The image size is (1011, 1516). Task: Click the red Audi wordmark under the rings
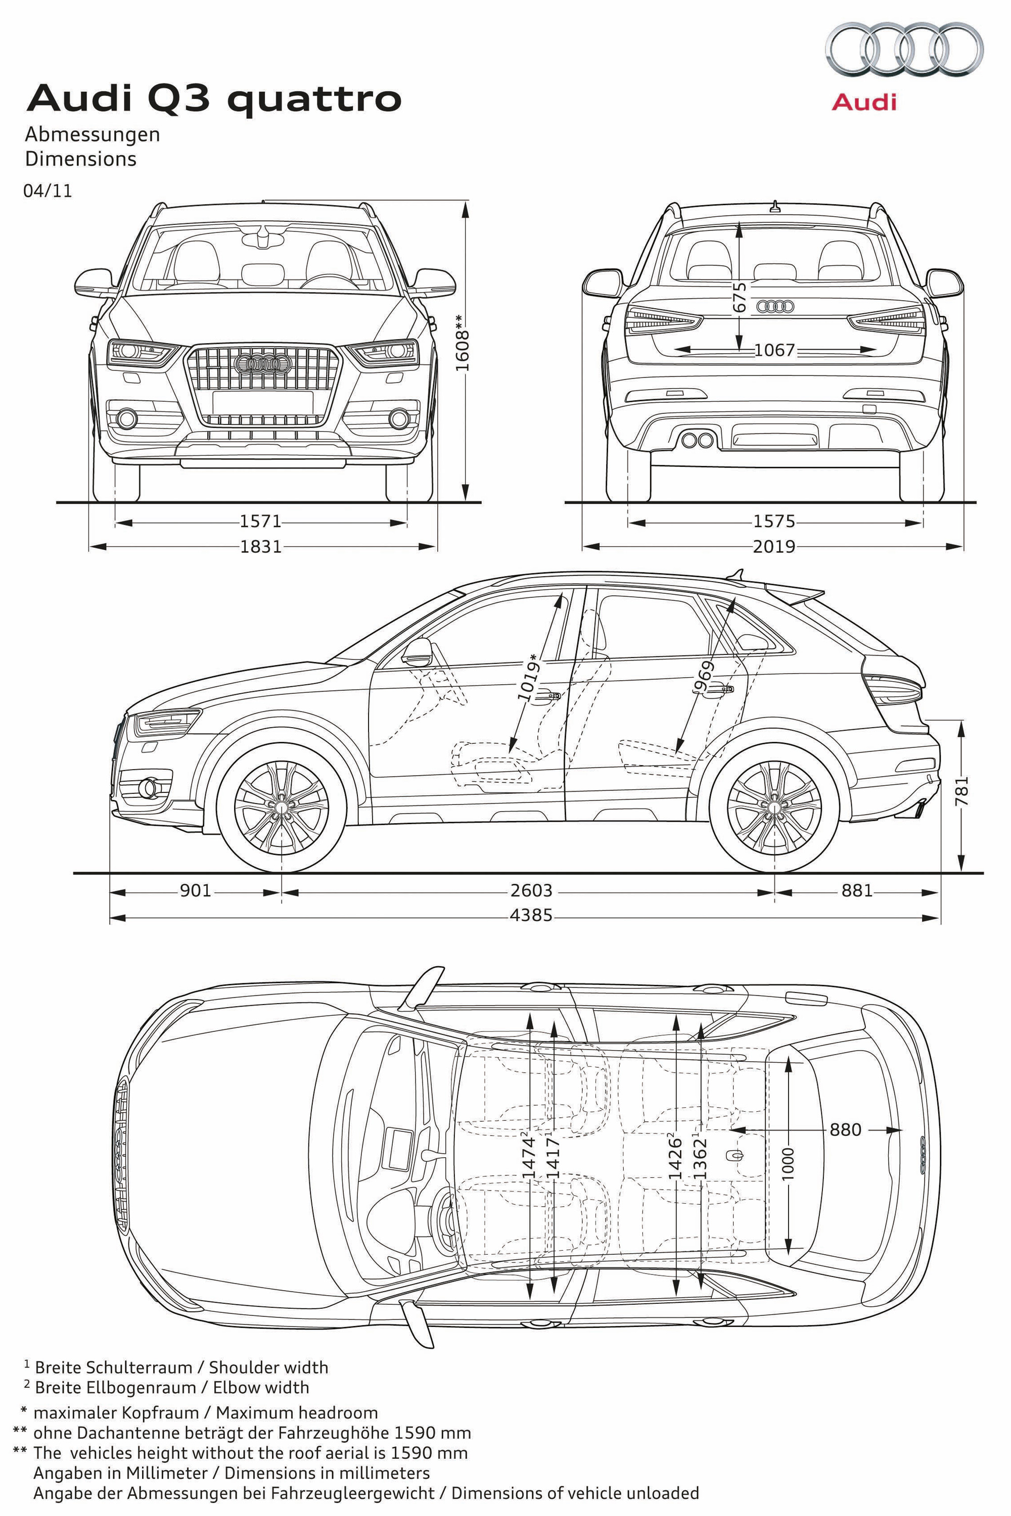(863, 103)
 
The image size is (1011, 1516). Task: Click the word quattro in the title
(315, 99)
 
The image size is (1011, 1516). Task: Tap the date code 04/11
(48, 192)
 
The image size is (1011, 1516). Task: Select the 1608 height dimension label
(463, 342)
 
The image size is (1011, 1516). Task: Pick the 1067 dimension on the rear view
(774, 350)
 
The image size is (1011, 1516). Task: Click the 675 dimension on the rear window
(740, 297)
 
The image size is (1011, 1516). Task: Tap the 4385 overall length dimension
(531, 915)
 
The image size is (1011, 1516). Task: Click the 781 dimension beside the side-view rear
(962, 790)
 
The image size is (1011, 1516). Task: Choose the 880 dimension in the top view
(845, 1129)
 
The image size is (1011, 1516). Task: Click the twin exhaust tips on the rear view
(697, 440)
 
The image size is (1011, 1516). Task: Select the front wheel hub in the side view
(281, 807)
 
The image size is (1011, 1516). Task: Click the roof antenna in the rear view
(774, 207)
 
